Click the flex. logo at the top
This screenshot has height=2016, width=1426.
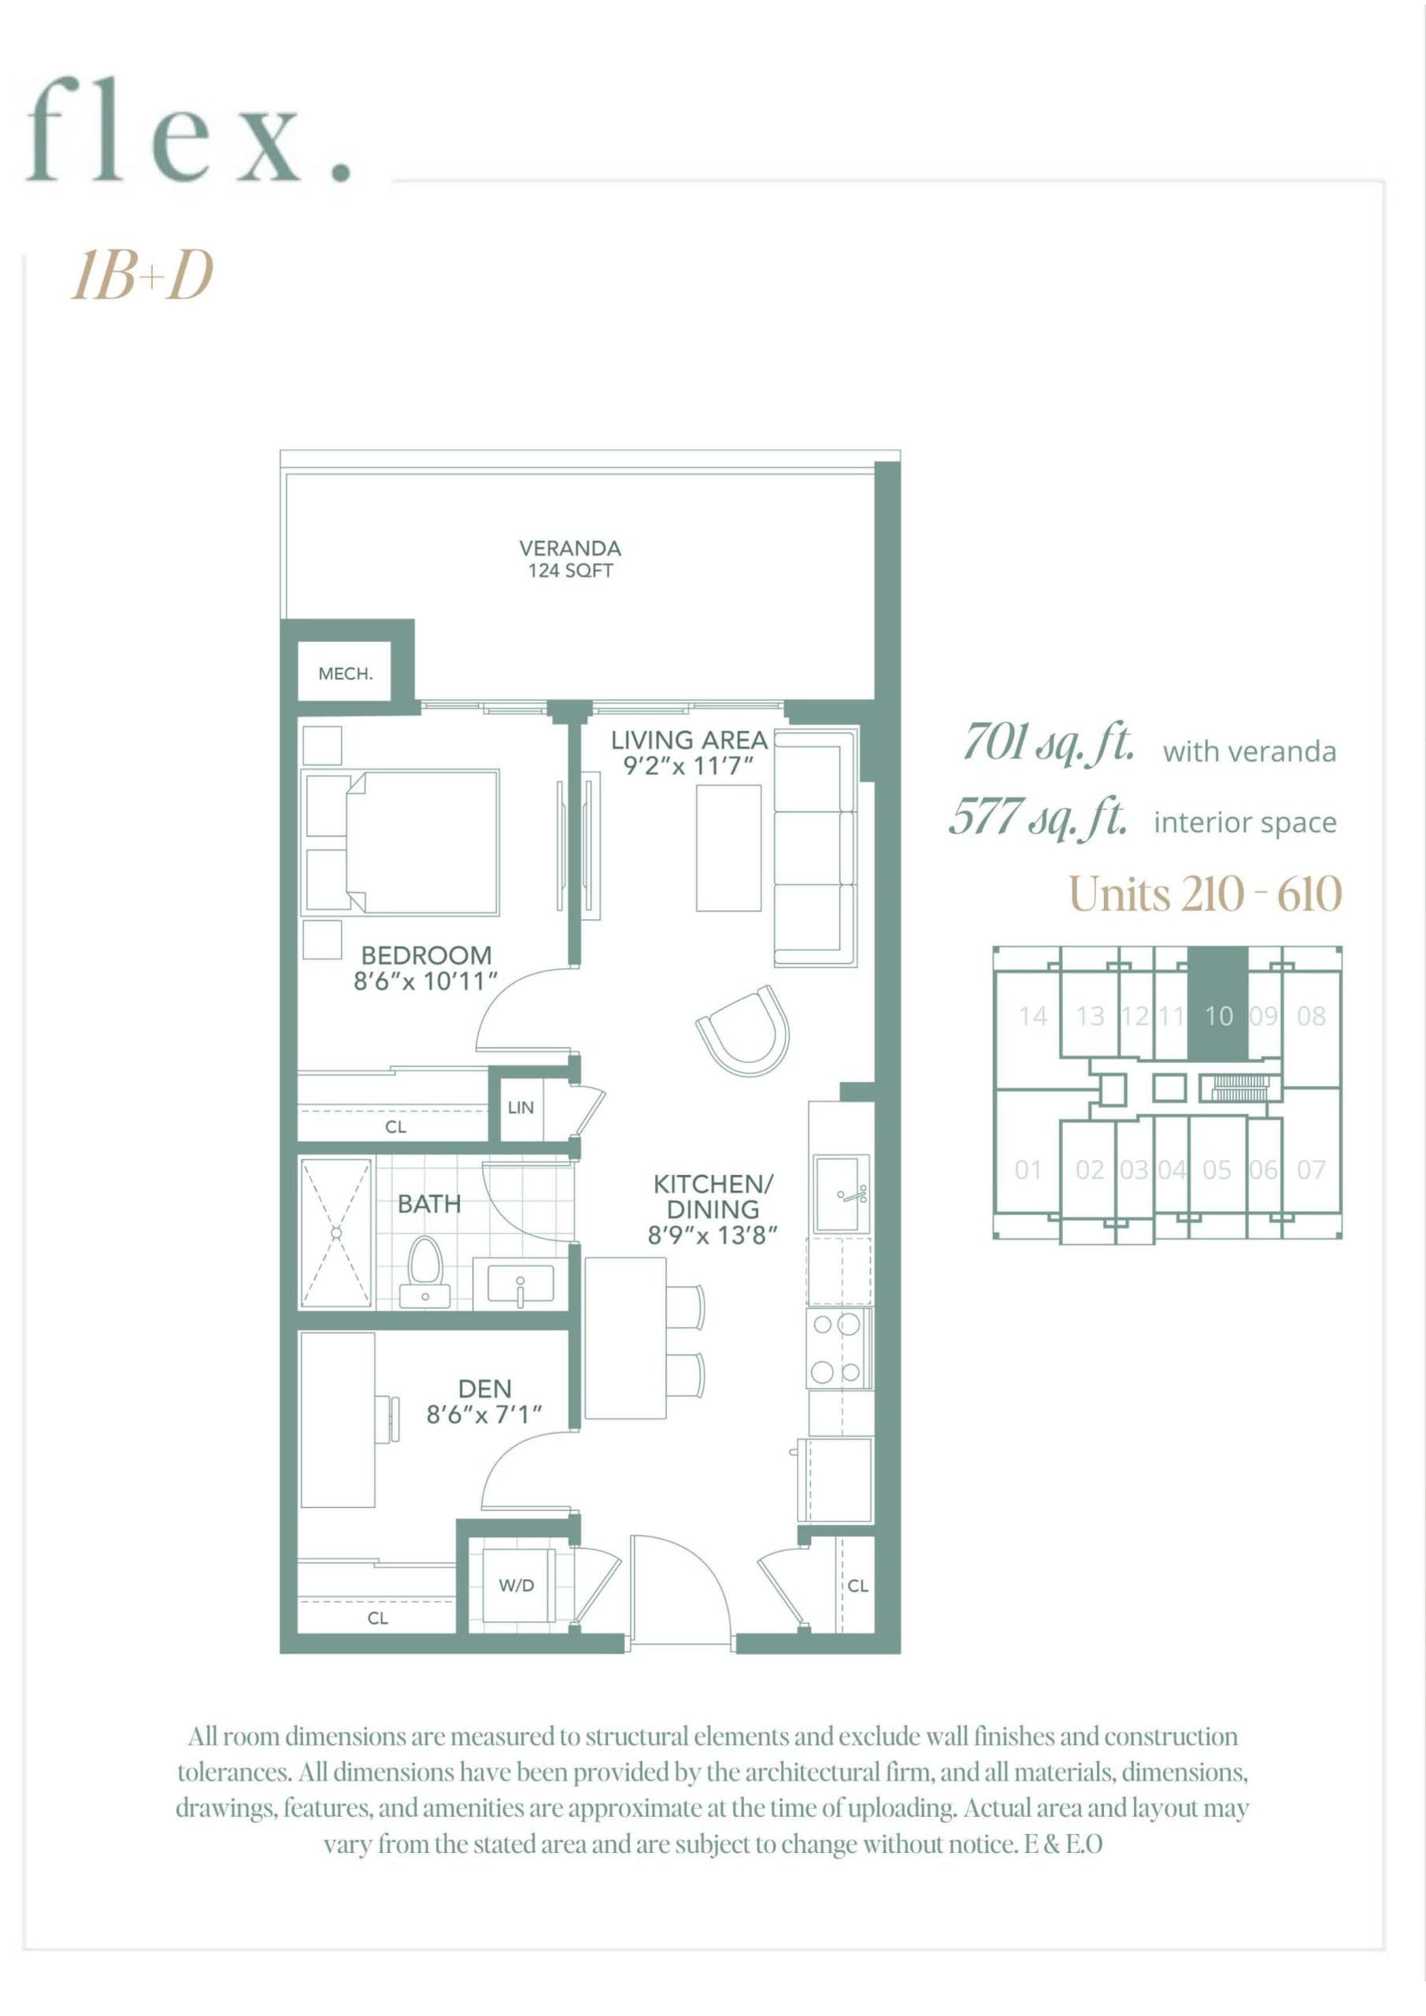click(x=189, y=132)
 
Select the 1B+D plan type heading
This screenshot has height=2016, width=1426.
click(x=143, y=276)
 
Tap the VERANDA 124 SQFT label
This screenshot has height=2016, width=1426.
click(x=570, y=559)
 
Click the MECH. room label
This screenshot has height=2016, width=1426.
click(x=345, y=673)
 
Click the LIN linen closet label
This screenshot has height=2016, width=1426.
click(x=520, y=1107)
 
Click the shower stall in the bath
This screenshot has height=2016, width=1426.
click(x=336, y=1232)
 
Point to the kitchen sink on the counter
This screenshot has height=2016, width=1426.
click(x=840, y=1193)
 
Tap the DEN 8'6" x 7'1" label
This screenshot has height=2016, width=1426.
click(x=483, y=1402)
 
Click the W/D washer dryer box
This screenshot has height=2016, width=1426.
click(x=517, y=1586)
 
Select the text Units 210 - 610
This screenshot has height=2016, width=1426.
click(x=1205, y=895)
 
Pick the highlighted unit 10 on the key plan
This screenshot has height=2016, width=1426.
click(x=1218, y=1016)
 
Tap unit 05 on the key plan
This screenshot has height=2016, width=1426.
click(x=1217, y=1169)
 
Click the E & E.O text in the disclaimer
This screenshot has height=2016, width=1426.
click(x=1063, y=1845)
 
